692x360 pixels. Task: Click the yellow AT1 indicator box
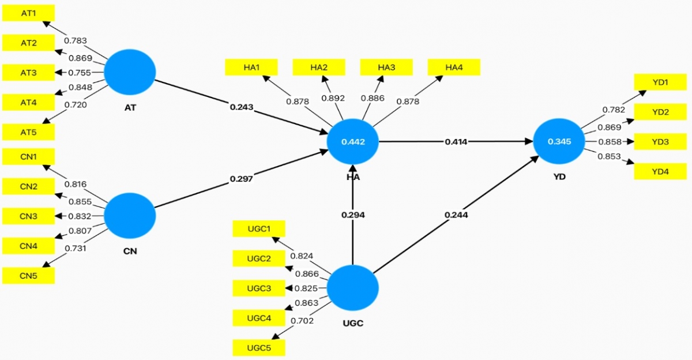pos(28,13)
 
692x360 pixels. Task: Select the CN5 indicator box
pos(28,275)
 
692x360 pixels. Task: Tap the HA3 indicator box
pos(386,67)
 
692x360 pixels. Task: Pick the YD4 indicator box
pos(660,171)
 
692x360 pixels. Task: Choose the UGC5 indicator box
pos(259,348)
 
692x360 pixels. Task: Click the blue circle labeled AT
pos(130,72)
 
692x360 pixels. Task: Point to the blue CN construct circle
pos(130,216)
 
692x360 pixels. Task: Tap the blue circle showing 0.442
pos(353,141)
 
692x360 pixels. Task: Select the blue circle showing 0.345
pos(559,141)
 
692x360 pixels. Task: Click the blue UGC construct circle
pos(353,288)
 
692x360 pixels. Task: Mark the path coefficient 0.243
pos(242,107)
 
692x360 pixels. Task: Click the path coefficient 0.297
pos(242,179)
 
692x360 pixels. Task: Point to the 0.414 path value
pos(456,142)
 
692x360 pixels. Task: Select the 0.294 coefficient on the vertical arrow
pos(353,215)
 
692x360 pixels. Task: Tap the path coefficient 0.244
pos(456,215)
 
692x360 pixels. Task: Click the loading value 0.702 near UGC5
pos(302,321)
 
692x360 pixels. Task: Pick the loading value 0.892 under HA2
pos(333,98)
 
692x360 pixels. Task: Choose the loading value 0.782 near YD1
pos(614,110)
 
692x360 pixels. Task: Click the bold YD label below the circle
pos(559,177)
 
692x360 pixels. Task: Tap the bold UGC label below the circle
pos(353,323)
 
